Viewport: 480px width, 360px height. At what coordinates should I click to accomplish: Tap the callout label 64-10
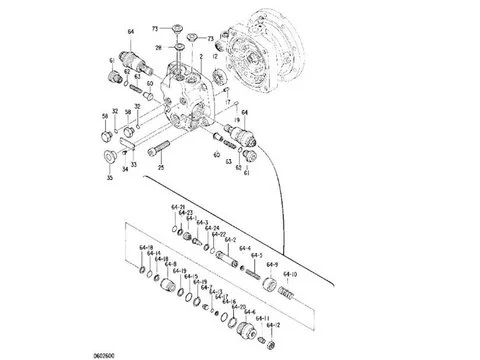click(291, 273)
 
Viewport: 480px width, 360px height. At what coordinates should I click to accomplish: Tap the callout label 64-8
click(171, 264)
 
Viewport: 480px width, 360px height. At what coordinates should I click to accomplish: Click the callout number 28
click(158, 47)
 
